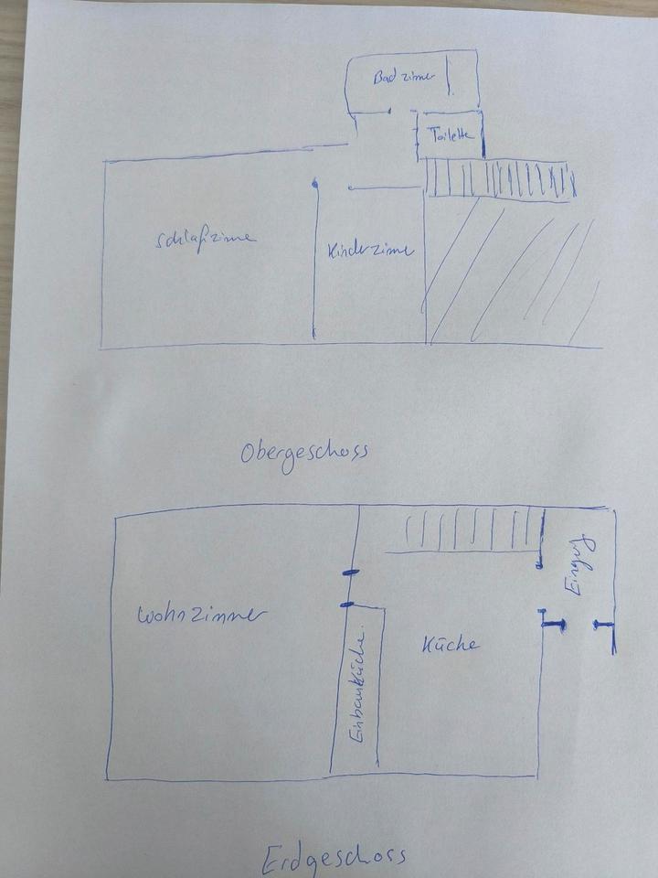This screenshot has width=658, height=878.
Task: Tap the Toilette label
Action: click(x=451, y=134)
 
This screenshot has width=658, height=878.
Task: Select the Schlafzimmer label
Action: click(x=206, y=239)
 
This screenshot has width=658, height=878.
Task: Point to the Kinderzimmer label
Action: click(x=370, y=249)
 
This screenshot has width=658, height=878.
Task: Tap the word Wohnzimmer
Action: click(x=202, y=616)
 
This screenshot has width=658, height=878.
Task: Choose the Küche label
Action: click(x=450, y=645)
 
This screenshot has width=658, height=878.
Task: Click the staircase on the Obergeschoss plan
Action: click(x=499, y=178)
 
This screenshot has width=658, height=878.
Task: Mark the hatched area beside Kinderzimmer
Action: click(x=512, y=274)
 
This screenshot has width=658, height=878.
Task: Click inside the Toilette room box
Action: click(x=450, y=146)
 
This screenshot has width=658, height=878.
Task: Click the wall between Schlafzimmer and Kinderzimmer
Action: click(x=313, y=265)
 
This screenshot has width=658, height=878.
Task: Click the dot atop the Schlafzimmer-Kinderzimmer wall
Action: click(x=313, y=185)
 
